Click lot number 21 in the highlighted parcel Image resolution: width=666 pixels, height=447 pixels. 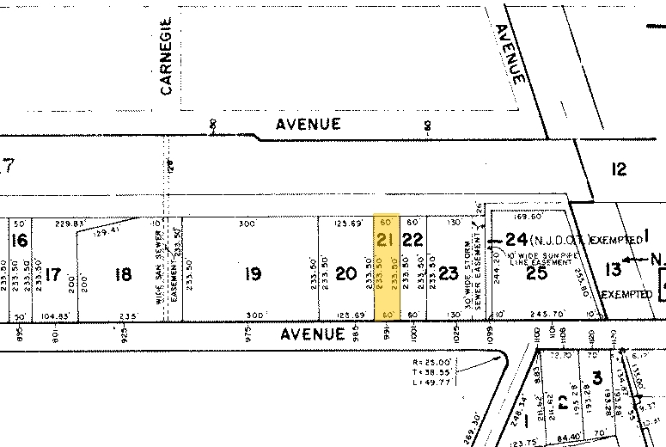coord(386,240)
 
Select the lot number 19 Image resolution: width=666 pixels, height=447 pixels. coord(252,274)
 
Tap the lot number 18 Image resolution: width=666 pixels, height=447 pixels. coord(124,274)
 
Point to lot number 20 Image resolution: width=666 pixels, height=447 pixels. coord(345,274)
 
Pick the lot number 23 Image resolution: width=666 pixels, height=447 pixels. coord(449,274)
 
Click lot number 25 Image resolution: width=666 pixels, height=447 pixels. coord(537,274)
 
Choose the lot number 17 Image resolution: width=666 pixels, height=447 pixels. coord(53,275)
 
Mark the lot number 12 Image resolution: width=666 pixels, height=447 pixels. coord(620,169)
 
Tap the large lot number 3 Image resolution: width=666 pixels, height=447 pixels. coord(596,377)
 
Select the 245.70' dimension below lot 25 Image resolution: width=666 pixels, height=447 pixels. coord(544,315)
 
